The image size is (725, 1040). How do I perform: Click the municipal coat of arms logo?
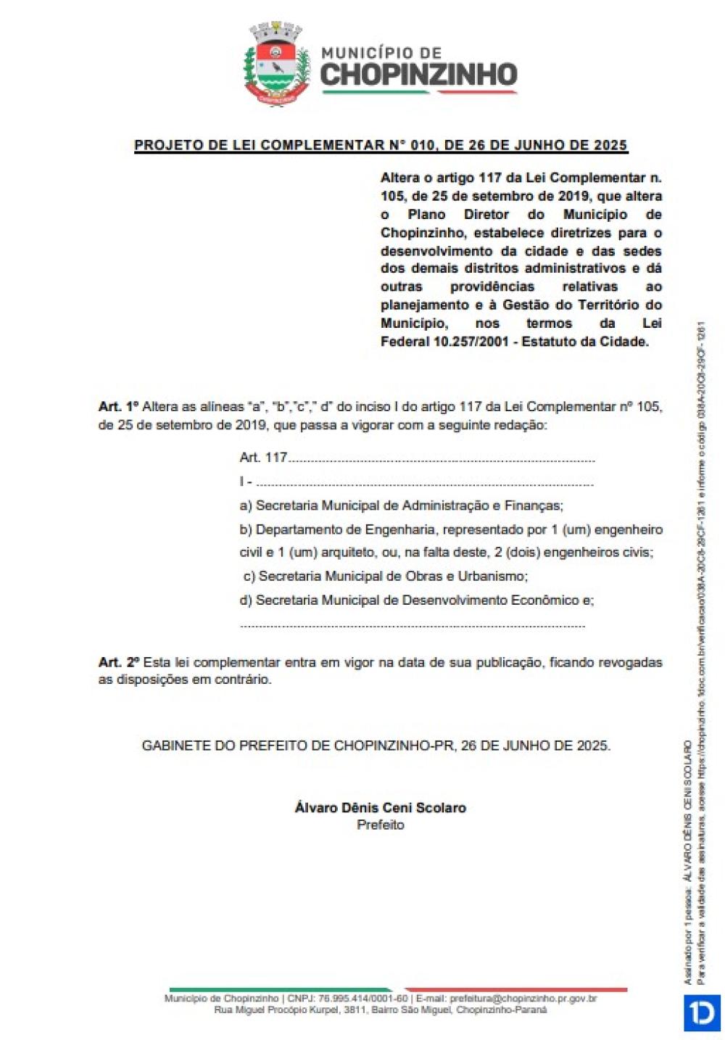point(276,65)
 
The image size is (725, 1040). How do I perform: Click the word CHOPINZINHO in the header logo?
point(418,75)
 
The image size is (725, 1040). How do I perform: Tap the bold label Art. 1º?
point(118,407)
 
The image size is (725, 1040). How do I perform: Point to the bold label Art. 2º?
point(119,662)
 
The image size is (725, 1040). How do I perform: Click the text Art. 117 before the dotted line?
point(263,458)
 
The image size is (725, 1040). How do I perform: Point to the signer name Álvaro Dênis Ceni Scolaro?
point(380,807)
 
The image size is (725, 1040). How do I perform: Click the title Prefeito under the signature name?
point(380,825)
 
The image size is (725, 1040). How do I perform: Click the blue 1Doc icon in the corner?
point(701,1013)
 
